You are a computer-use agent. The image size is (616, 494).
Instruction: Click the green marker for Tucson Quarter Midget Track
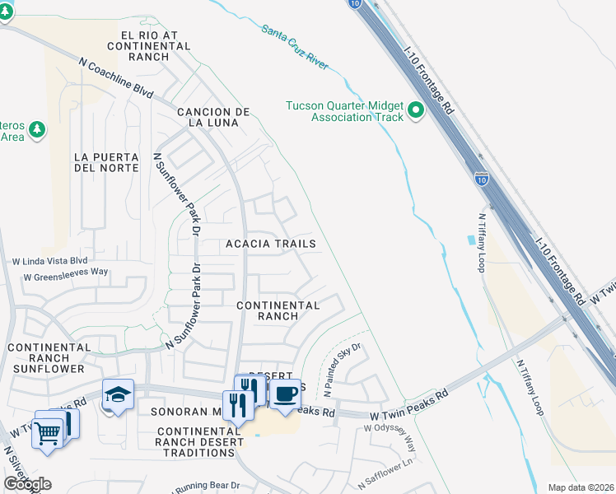[x=416, y=110]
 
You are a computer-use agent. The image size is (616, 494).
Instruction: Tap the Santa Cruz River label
[x=294, y=44]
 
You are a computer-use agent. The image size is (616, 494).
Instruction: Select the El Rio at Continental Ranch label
[x=156, y=41]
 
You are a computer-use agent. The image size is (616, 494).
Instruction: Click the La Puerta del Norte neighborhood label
[x=103, y=162]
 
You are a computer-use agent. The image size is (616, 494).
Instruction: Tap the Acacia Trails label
[x=271, y=244]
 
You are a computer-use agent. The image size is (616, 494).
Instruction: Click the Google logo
[x=27, y=483]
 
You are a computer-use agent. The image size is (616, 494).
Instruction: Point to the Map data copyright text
[x=579, y=487]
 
